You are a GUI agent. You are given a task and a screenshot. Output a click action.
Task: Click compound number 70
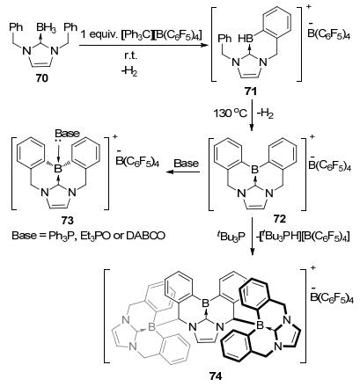42,78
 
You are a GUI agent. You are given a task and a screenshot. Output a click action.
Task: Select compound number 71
250,92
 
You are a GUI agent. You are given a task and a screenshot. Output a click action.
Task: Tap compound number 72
279,219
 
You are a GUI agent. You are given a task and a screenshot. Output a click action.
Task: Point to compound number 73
68,220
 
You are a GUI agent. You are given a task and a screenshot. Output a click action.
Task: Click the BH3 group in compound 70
45,28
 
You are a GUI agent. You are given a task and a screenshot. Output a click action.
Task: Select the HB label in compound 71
246,39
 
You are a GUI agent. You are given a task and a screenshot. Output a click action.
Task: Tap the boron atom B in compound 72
255,168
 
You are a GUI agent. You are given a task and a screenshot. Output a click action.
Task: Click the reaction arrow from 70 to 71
143,45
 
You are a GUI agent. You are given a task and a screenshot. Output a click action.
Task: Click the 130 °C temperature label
230,113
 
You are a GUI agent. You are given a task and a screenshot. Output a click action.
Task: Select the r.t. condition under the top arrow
129,56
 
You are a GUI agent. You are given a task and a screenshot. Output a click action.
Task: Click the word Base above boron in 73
67,134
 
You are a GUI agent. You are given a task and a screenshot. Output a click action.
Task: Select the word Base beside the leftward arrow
187,163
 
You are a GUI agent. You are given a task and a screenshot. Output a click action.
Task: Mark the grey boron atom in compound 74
151,327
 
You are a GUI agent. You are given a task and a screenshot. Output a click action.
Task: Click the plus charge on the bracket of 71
308,5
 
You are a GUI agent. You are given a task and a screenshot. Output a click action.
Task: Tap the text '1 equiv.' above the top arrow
99,35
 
